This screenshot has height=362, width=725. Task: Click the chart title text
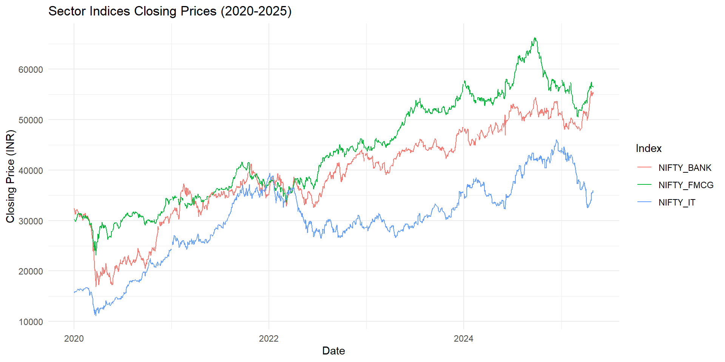(170, 11)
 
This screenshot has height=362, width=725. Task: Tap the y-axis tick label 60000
(31, 69)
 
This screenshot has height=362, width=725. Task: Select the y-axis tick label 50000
(31, 120)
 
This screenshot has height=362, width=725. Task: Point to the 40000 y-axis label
(31, 170)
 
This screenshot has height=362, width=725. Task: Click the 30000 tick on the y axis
(31, 221)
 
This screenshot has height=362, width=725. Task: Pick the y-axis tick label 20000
(31, 271)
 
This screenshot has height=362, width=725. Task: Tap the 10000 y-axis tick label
(31, 322)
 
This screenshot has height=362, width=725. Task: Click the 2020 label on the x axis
(74, 339)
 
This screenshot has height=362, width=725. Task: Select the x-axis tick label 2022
(269, 339)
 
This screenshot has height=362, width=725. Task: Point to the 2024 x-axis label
(464, 339)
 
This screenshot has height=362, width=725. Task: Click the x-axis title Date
(333, 351)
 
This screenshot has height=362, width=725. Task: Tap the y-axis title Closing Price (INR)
(10, 176)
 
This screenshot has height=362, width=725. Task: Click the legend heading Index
(648, 149)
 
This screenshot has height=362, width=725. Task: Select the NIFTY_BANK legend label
(685, 168)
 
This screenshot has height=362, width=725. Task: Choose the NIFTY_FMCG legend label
(686, 185)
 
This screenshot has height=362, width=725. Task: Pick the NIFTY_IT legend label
(677, 202)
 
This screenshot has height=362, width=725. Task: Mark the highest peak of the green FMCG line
(535, 38)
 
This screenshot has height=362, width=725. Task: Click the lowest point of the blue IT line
(96, 315)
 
